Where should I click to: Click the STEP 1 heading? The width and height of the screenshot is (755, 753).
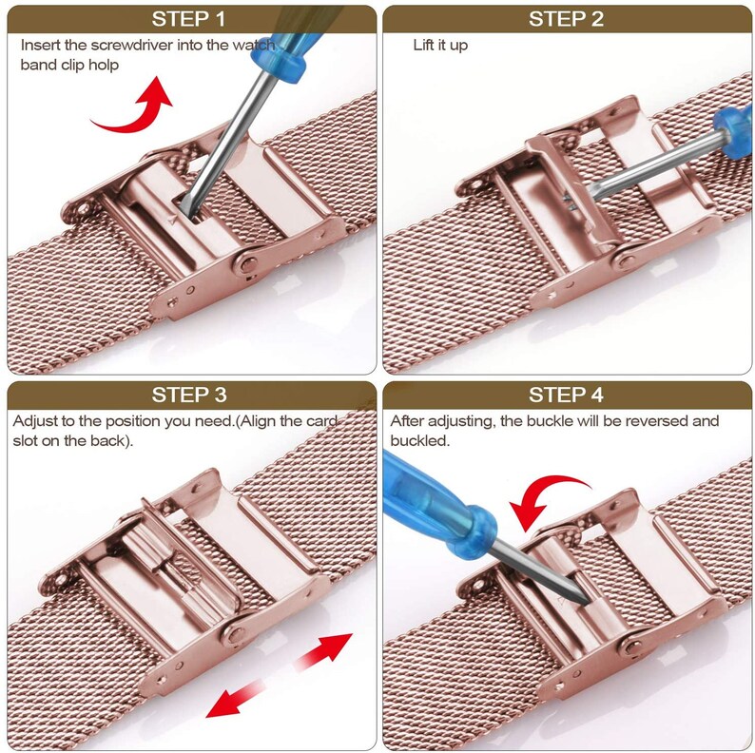(x=188, y=19)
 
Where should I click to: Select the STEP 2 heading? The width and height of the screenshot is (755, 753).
(x=566, y=19)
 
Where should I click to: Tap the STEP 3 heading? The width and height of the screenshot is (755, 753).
(x=188, y=395)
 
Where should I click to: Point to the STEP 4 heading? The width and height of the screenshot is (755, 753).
(x=566, y=395)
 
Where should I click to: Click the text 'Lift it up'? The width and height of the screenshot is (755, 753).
(x=440, y=45)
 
